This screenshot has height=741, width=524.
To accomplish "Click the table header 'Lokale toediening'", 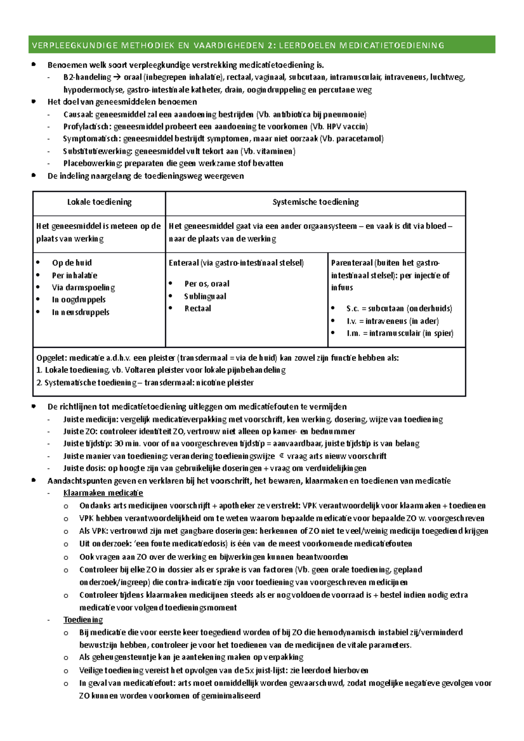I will (99, 202).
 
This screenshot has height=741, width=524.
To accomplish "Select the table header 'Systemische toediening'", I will (315, 202).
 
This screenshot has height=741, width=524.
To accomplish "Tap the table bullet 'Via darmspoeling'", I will (83, 288).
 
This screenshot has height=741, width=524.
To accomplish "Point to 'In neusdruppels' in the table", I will (80, 312).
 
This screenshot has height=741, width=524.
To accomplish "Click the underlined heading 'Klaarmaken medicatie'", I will (103, 493).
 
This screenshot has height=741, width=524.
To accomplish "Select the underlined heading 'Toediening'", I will (83, 620).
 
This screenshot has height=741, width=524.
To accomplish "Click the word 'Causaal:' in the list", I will (78, 115).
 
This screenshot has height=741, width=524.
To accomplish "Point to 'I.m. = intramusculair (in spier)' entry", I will (400, 333).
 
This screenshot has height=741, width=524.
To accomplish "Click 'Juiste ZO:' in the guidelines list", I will (80, 432).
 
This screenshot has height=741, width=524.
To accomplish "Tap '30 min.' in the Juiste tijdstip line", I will (124, 444).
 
